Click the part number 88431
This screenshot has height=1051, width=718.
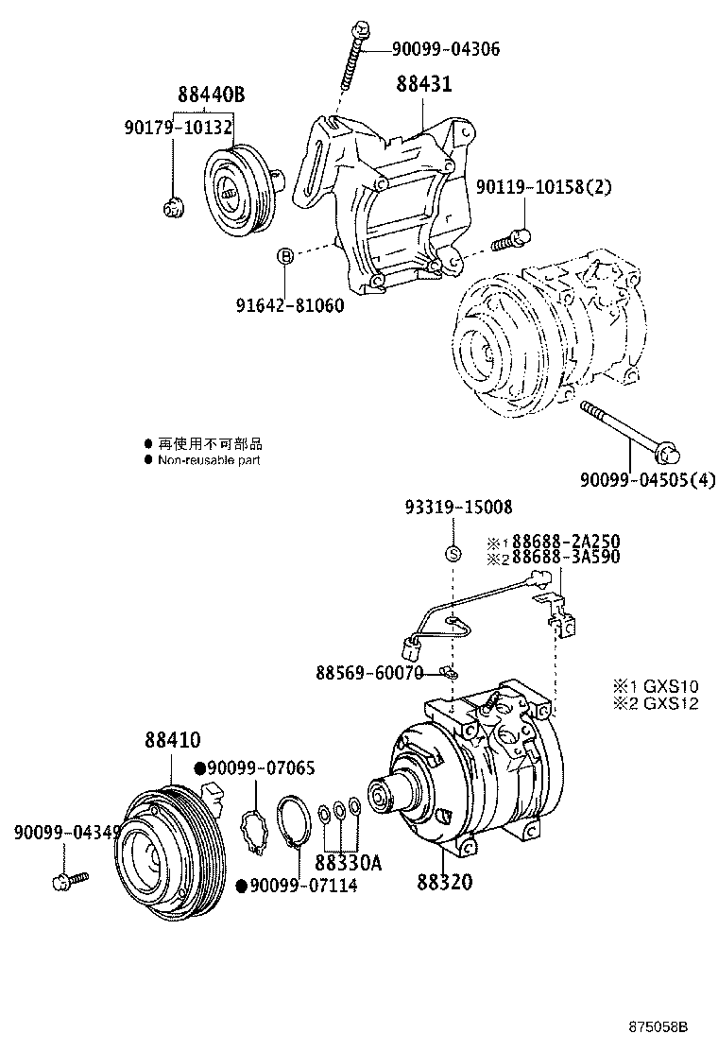(423, 85)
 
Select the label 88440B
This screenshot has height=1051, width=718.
(212, 95)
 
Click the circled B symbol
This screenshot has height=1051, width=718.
(283, 255)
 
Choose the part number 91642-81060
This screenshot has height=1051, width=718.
(289, 306)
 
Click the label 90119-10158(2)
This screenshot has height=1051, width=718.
(543, 187)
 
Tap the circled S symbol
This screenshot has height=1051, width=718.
(453, 554)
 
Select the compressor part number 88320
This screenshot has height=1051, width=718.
(445, 883)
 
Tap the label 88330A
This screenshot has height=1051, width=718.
(349, 864)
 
